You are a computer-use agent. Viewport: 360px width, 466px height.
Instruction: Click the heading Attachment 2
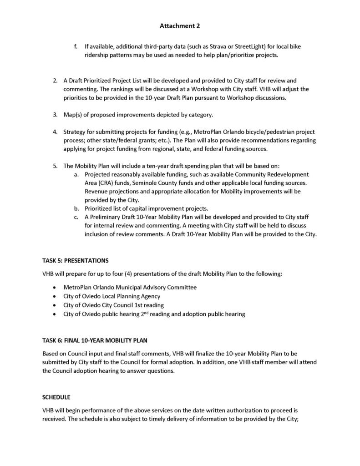coord(180,26)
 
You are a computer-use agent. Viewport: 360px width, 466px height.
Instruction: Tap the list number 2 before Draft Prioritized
coord(55,81)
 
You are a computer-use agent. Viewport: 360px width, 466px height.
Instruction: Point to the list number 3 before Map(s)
coord(55,114)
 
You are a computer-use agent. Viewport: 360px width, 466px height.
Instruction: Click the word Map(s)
coord(73,114)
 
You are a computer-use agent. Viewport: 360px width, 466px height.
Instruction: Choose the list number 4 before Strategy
coord(55,132)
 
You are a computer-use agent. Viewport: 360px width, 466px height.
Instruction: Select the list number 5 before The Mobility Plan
coord(55,166)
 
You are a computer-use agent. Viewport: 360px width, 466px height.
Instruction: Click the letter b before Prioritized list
coord(76,208)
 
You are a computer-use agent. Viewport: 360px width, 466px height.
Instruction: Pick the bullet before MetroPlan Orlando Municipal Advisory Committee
coord(55,288)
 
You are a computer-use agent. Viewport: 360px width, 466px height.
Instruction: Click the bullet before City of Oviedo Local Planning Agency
coord(55,296)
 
